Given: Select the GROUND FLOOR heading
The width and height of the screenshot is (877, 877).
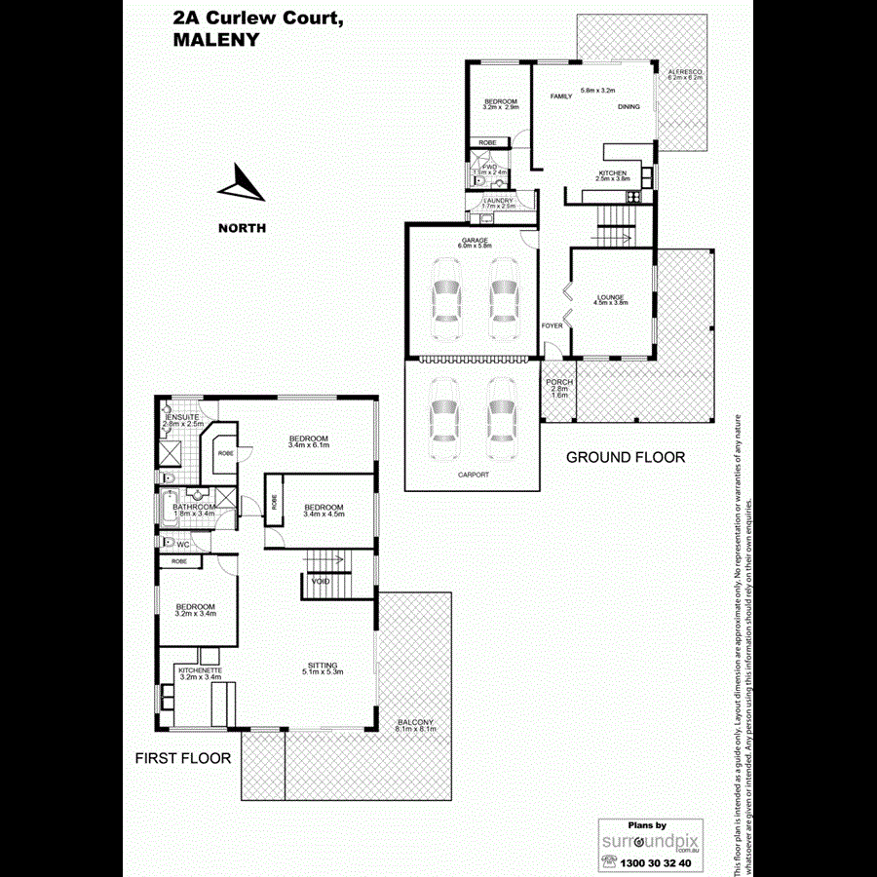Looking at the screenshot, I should (x=626, y=457).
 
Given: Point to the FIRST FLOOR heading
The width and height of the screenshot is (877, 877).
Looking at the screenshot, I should (x=184, y=757).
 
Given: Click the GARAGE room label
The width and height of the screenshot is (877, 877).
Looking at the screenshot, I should (x=475, y=241).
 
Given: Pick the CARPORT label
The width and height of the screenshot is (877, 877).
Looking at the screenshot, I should (x=475, y=475).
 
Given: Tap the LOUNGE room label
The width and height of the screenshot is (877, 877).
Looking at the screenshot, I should (x=611, y=297).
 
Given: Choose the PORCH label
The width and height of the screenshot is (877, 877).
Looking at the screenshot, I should (x=558, y=381).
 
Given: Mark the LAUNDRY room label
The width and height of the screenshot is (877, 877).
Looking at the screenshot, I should (x=491, y=200).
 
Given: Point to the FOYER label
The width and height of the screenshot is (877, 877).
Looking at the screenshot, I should (x=553, y=325).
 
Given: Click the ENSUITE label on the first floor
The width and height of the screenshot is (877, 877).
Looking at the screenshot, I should (x=184, y=417).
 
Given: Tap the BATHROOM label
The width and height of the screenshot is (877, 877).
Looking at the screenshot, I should (x=193, y=507).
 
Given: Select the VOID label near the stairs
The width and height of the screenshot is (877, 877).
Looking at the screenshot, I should (x=321, y=582).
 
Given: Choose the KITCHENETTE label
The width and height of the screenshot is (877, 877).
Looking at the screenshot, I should (x=200, y=669).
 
